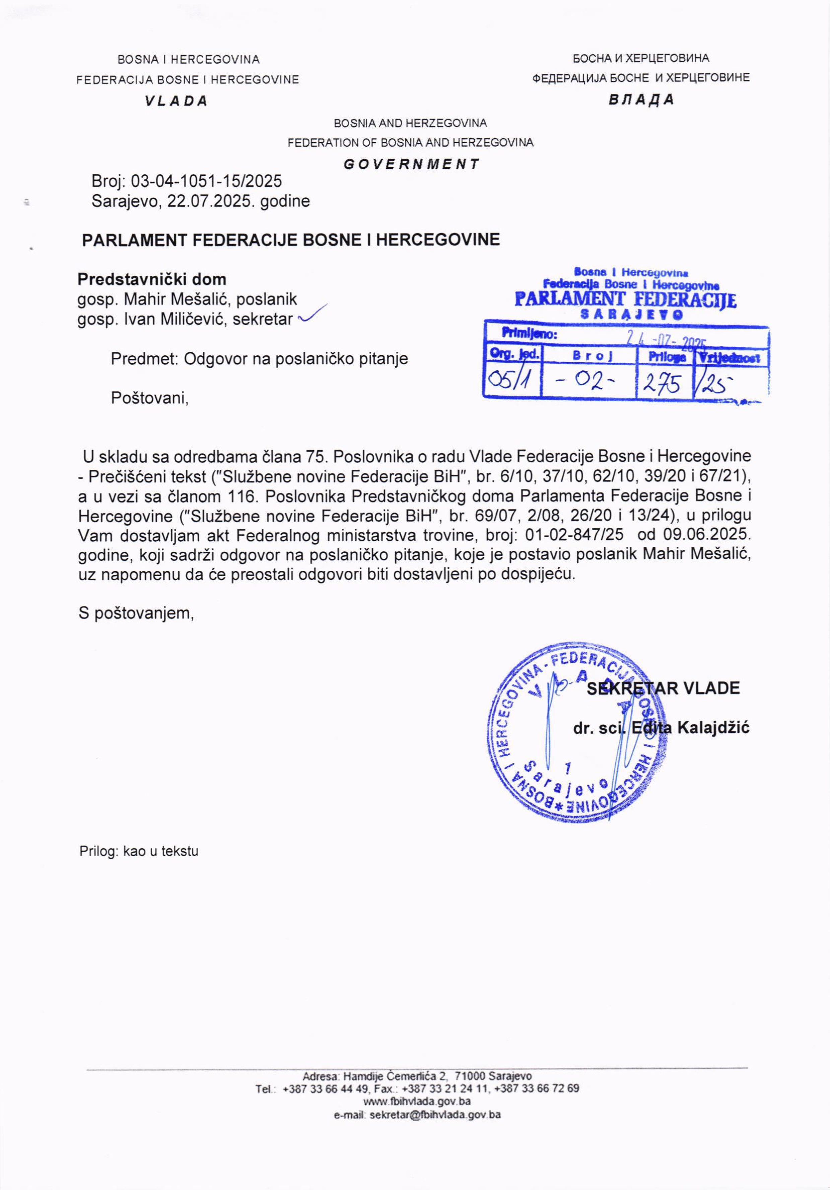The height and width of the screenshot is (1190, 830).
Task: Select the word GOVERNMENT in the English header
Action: pyautogui.click(x=411, y=164)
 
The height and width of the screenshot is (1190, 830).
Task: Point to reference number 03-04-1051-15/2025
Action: pyautogui.click(x=206, y=181)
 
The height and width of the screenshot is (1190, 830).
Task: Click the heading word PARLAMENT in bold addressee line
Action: pyautogui.click(x=136, y=240)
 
